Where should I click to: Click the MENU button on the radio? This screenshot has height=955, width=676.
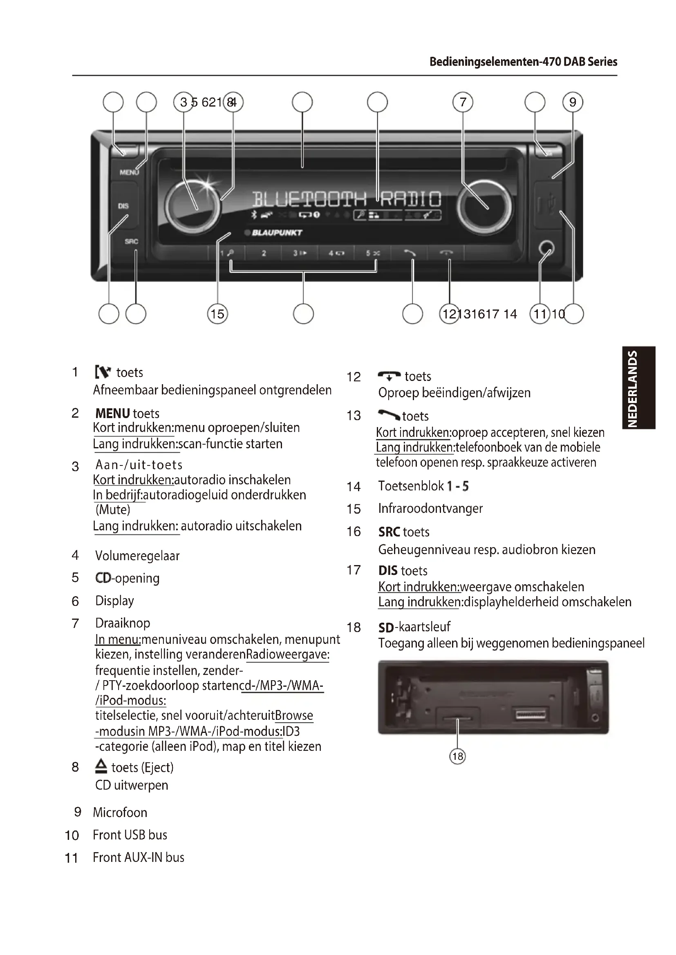click(129, 172)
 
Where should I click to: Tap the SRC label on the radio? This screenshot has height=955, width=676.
click(131, 241)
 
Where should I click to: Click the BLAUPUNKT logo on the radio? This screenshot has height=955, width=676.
click(276, 232)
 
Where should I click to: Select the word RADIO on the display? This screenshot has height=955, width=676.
click(410, 199)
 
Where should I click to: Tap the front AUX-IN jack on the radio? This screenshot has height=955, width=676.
click(546, 249)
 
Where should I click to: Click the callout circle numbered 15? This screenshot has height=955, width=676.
click(217, 314)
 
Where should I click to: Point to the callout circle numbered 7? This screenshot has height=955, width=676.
click(463, 102)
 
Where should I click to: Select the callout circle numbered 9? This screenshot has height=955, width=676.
click(573, 102)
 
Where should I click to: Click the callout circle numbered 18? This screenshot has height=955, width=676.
click(457, 756)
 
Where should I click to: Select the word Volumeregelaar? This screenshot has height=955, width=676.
click(137, 556)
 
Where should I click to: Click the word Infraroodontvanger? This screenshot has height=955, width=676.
click(430, 508)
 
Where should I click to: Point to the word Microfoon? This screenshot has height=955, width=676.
click(120, 813)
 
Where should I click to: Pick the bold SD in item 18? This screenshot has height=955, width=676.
click(386, 628)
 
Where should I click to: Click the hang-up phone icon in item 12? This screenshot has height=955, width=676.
click(389, 376)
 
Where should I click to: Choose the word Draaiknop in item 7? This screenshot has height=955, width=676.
click(123, 623)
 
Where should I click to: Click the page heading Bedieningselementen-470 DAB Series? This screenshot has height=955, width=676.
click(523, 62)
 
